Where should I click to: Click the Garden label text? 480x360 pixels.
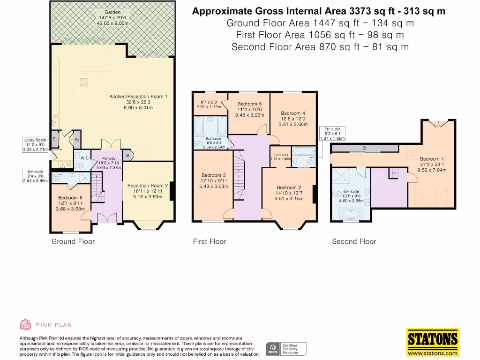tap(112, 12)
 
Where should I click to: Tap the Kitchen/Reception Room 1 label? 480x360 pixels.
tap(138, 97)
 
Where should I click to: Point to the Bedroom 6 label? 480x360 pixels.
tap(70, 198)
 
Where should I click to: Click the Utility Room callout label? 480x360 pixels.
tap(35, 140)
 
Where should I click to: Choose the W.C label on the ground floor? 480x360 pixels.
tap(84, 158)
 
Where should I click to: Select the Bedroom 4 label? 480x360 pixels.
tap(293, 113)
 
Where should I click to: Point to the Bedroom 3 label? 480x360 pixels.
tap(214, 175)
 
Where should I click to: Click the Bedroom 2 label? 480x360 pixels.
tap(289, 187)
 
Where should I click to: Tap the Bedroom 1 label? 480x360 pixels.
tap(430, 159)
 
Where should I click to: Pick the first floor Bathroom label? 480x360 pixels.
tap(214, 139)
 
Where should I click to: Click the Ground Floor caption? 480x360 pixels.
tap(73, 241)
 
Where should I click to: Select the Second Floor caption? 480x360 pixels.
tap(354, 241)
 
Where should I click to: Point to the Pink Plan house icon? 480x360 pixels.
tap(25, 324)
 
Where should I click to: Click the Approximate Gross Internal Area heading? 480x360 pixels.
tap(319, 11)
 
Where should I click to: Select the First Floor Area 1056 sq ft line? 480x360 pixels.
tap(320, 35)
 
